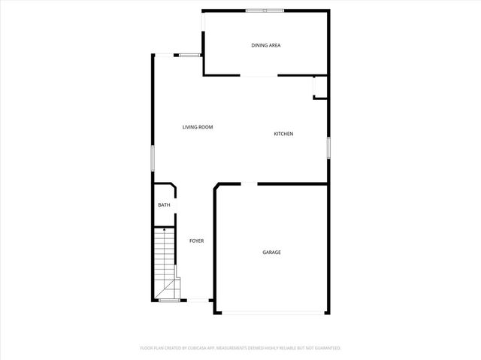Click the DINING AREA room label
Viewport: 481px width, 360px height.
[265, 46]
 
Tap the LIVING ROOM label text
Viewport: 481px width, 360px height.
[198, 127]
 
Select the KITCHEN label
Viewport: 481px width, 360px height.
[283, 134]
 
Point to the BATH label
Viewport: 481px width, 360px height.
[163, 205]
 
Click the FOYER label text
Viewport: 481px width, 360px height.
[196, 241]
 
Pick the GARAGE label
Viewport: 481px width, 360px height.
[271, 253]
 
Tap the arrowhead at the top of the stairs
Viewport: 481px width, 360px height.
[165, 230]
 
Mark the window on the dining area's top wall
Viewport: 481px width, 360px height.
[265, 10]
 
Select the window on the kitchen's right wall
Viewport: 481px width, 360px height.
[328, 147]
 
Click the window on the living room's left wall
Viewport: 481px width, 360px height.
[153, 159]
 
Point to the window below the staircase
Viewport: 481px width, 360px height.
[168, 301]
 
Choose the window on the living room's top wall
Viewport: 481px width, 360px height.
[188, 54]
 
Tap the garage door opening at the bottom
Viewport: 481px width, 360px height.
[271, 313]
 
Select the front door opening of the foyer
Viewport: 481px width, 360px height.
[197, 301]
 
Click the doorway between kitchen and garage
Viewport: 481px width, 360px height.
[248, 183]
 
